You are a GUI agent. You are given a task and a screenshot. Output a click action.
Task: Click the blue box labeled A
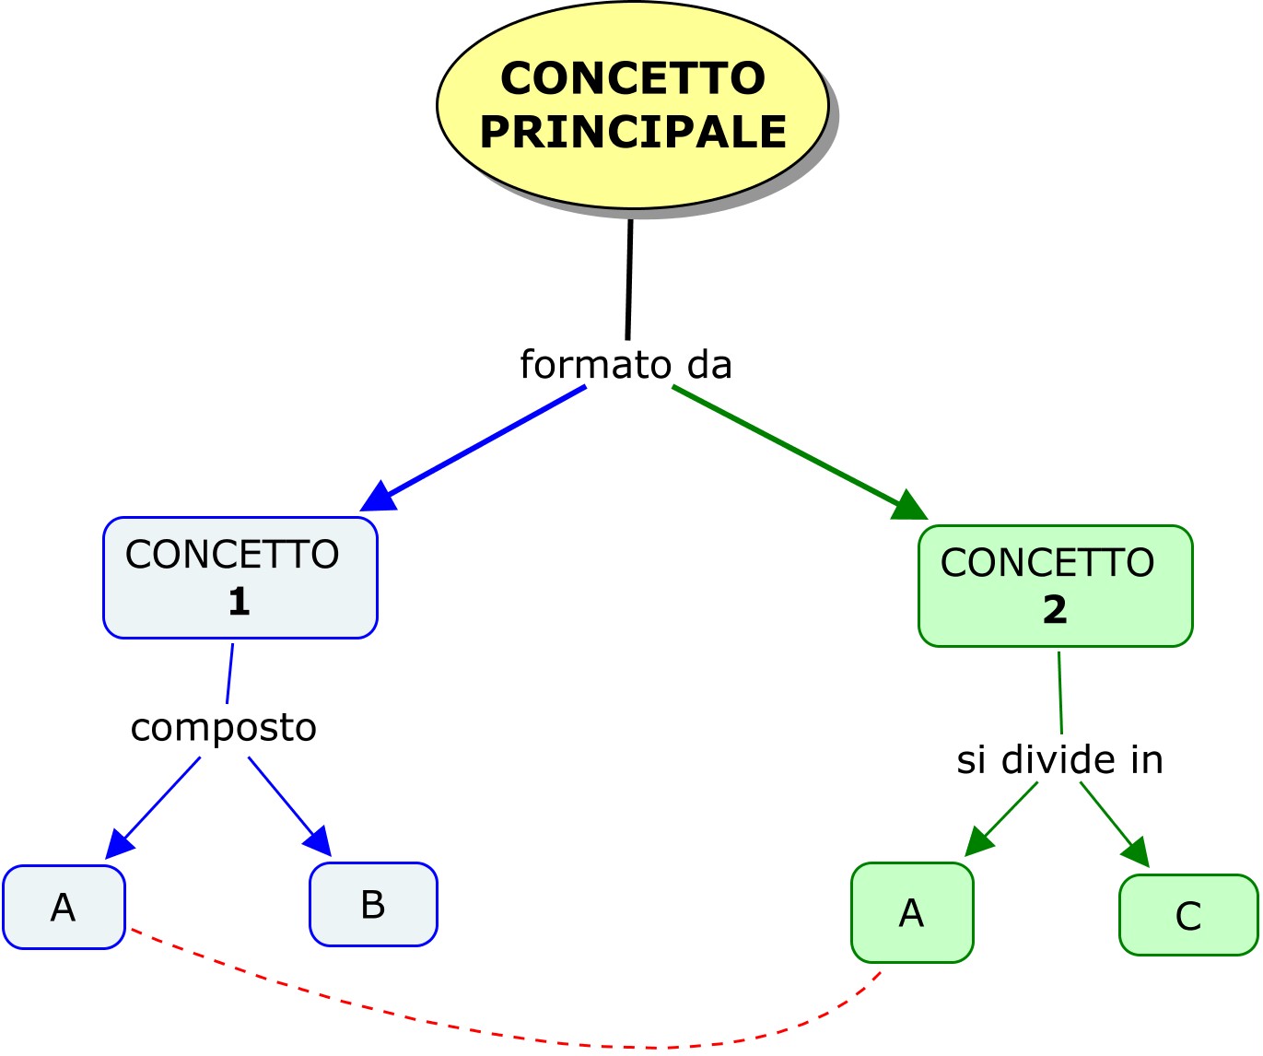coord(64,908)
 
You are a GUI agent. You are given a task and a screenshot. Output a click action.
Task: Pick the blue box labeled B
coord(373,905)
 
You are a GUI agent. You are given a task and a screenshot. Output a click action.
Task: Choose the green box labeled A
coord(911,913)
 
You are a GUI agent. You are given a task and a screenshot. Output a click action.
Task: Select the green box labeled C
coord(1188,915)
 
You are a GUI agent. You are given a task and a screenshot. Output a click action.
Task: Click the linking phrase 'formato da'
coord(626,365)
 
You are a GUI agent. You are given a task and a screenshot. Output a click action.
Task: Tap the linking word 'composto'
coord(224,728)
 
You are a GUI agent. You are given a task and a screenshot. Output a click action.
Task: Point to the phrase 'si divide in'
coord(1059,760)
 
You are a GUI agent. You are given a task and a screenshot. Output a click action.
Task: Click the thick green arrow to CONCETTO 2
coord(783,445)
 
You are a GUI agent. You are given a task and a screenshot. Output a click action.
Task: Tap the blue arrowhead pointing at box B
coord(319,840)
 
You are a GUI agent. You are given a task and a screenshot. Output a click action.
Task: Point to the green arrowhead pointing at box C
coord(1137,851)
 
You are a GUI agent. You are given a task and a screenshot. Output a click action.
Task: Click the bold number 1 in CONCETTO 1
coord(239,602)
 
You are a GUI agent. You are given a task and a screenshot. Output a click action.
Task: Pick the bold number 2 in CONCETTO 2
coord(1055,610)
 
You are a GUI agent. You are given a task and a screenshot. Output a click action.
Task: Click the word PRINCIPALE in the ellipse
coord(633,132)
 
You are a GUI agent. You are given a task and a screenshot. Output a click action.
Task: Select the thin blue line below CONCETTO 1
coord(229,674)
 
